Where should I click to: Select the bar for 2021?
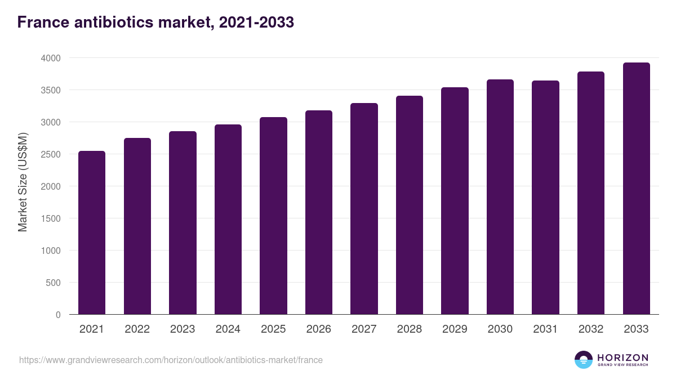pyautogui.click(x=92, y=233)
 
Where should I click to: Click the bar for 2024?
pyautogui.click(x=228, y=220)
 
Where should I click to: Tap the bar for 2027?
pyautogui.click(x=364, y=209)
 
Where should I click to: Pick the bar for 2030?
pyautogui.click(x=500, y=197)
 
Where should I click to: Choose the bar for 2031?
pyautogui.click(x=545, y=198)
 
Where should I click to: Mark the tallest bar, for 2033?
pyautogui.click(x=636, y=189)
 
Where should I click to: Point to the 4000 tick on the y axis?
pyautogui.click(x=50, y=58)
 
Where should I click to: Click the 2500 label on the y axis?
pyautogui.click(x=50, y=154)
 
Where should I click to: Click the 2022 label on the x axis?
pyautogui.click(x=137, y=329)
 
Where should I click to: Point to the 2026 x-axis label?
pyautogui.click(x=318, y=329)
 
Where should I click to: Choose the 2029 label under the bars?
pyautogui.click(x=455, y=329)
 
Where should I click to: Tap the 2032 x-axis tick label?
pyautogui.click(x=591, y=329)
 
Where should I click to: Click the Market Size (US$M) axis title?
pyautogui.click(x=23, y=182)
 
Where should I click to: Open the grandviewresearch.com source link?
pyautogui.click(x=171, y=360)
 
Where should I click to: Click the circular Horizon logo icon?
pyautogui.click(x=583, y=360)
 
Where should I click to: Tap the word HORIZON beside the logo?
pyautogui.click(x=622, y=357)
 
